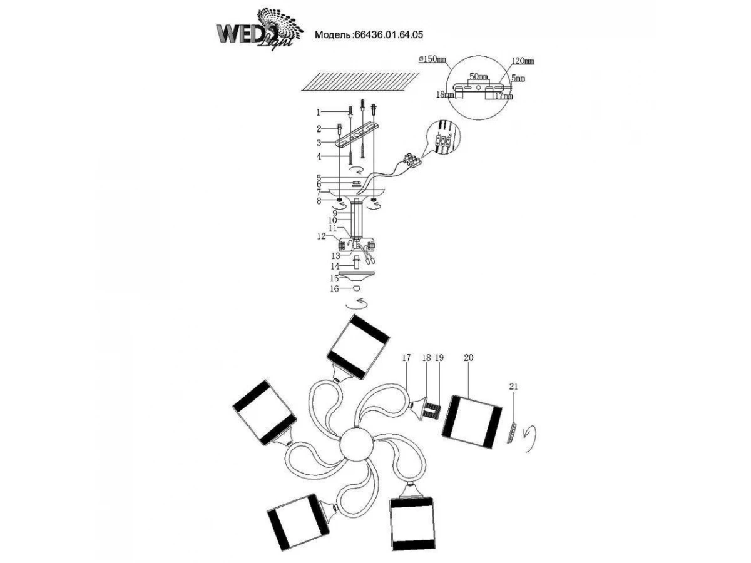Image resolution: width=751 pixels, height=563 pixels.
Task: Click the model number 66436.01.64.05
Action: click(x=392, y=36)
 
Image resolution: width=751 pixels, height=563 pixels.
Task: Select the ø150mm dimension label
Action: click(x=432, y=59)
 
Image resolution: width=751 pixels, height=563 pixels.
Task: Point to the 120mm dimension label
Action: click(x=523, y=61)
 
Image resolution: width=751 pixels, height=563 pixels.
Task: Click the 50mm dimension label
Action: click(x=479, y=76)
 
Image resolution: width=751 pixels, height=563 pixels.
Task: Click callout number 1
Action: click(x=318, y=113)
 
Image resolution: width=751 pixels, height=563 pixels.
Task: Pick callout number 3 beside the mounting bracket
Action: click(x=318, y=142)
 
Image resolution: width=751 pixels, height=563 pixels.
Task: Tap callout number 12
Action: click(x=320, y=236)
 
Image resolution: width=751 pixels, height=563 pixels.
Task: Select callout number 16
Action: click(x=334, y=289)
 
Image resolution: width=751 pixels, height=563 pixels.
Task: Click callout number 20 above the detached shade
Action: click(x=469, y=358)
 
